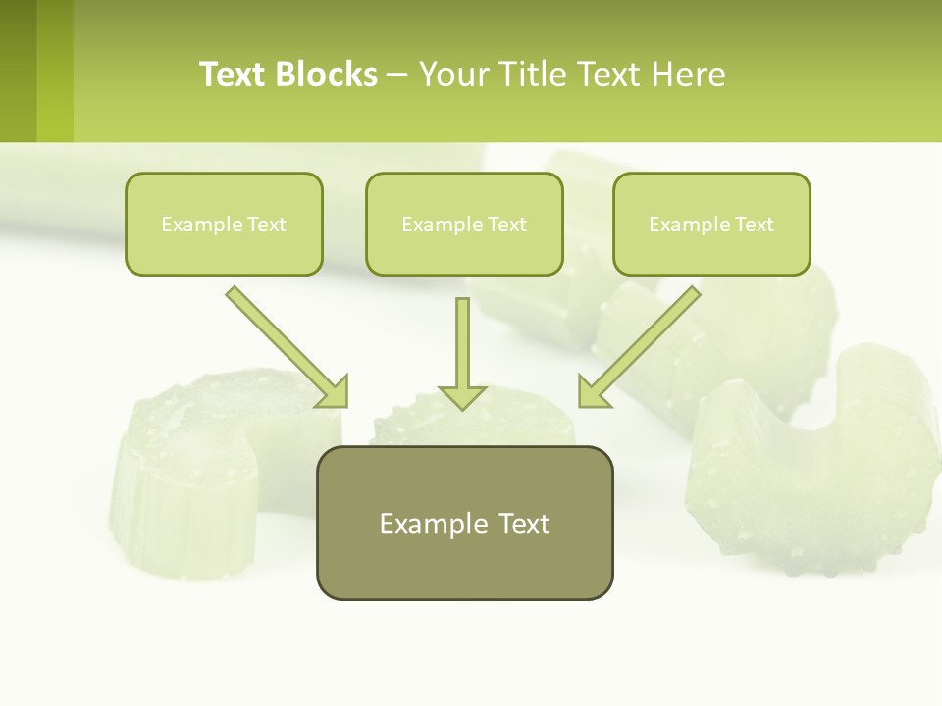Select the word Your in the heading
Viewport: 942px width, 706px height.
click(x=452, y=75)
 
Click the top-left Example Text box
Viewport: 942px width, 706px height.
click(x=224, y=224)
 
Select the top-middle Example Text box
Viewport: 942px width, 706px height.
click(x=464, y=224)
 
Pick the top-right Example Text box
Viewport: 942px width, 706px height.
click(x=711, y=224)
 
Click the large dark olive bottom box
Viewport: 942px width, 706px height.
click(x=464, y=523)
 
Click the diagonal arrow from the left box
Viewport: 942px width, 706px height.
click(x=285, y=345)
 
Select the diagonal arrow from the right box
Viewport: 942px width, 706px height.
click(x=641, y=345)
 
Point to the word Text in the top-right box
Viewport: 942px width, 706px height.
click(x=754, y=225)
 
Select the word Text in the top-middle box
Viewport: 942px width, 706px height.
click(x=506, y=225)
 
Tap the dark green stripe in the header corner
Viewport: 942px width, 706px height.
click(x=18, y=71)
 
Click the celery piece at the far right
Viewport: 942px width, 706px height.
click(x=824, y=461)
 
